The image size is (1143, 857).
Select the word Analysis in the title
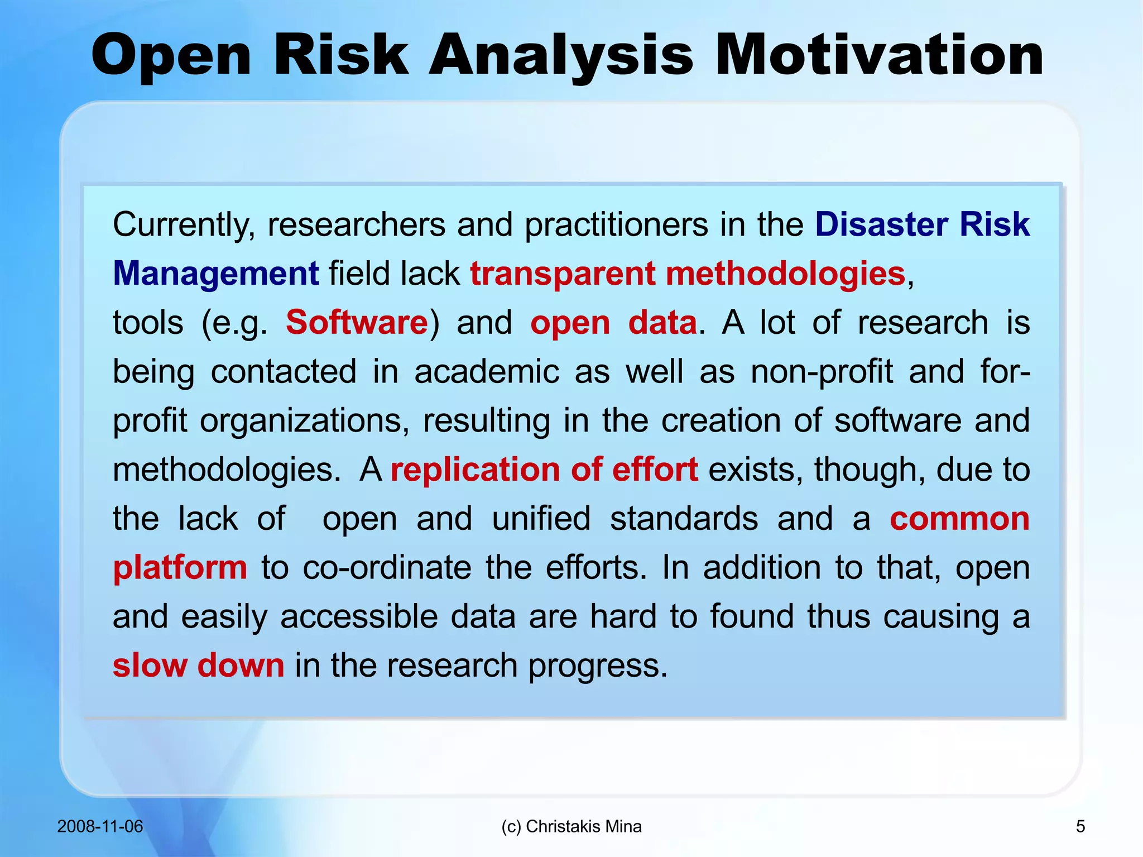click(x=561, y=56)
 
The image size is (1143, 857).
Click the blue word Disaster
click(x=881, y=224)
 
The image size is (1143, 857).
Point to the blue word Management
click(x=215, y=274)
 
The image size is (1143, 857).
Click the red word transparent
click(x=563, y=274)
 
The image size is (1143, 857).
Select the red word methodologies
click(x=785, y=274)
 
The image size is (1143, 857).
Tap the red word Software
click(x=357, y=323)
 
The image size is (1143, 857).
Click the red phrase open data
click(x=613, y=323)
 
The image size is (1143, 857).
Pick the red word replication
click(x=474, y=470)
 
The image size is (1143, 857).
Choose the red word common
click(x=959, y=519)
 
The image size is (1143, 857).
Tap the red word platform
click(x=180, y=568)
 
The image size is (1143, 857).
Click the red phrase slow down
click(x=198, y=666)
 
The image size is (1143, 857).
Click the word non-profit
click(x=822, y=372)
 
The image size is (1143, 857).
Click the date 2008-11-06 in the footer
click(x=100, y=826)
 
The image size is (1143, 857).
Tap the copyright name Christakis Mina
click(x=583, y=826)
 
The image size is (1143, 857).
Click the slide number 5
click(x=1080, y=826)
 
